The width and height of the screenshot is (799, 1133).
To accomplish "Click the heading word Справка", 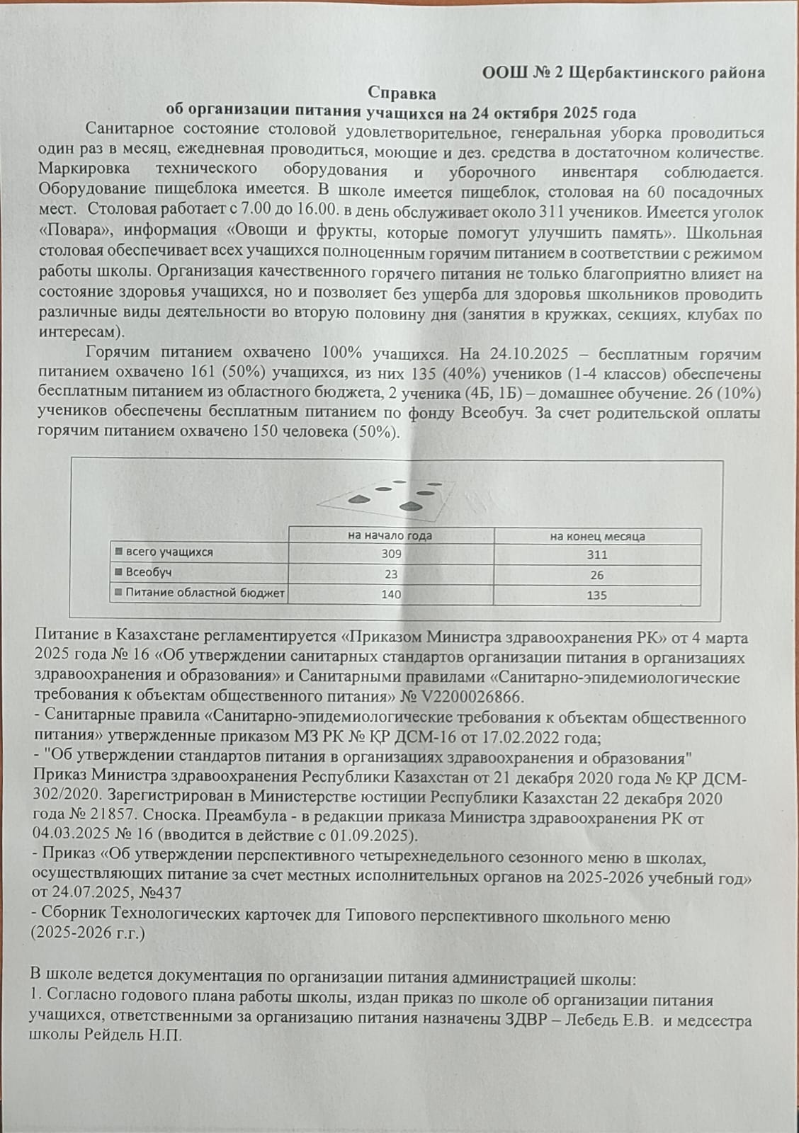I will [x=402, y=93].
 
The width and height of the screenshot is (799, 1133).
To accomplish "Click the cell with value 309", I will [x=391, y=554].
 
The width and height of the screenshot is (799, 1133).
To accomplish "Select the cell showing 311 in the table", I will [x=597, y=555].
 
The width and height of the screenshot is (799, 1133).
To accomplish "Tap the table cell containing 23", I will [x=391, y=574].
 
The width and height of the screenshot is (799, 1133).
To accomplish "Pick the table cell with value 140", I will [x=391, y=594].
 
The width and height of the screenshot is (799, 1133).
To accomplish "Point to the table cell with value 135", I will [x=597, y=595].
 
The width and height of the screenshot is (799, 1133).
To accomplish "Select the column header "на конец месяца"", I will [x=597, y=536].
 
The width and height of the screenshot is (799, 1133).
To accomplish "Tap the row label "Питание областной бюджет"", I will [x=205, y=593].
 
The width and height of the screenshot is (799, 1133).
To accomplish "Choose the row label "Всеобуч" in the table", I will [x=149, y=571].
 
